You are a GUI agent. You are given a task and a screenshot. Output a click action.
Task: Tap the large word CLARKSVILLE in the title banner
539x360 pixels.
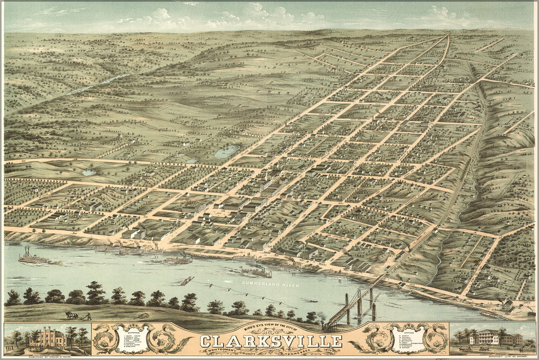pos(271,341)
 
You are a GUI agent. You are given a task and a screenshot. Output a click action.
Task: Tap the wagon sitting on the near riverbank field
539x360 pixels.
pos(143,315)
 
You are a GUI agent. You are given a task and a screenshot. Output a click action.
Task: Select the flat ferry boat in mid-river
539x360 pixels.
pos(187,281)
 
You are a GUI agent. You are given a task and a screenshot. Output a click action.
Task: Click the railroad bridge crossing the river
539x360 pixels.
pos(355,303)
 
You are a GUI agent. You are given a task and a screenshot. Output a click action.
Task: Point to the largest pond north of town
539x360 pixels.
pos(227,151)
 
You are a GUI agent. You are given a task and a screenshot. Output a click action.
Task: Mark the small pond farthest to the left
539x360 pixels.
pos(88,172)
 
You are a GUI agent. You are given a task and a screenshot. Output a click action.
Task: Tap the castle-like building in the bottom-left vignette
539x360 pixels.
pos(47,337)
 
